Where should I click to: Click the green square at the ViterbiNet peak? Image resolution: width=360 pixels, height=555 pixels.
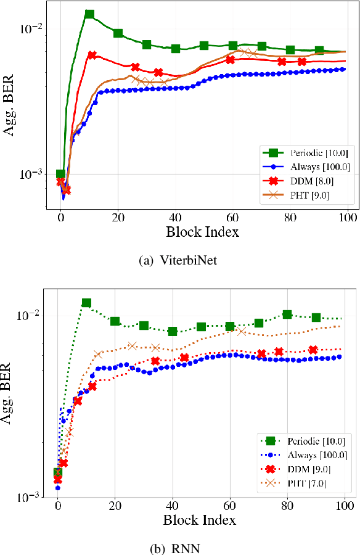coord(89,14)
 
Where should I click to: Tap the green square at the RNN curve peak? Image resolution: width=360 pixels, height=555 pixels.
coord(86,303)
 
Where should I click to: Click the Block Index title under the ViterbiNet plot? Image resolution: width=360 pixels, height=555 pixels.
coord(199,232)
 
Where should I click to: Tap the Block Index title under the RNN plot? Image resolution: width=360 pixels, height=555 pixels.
coord(199,520)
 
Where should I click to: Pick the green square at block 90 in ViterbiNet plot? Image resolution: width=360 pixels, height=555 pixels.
coord(319,51)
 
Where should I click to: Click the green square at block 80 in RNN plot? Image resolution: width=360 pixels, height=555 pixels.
coord(287,314)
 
